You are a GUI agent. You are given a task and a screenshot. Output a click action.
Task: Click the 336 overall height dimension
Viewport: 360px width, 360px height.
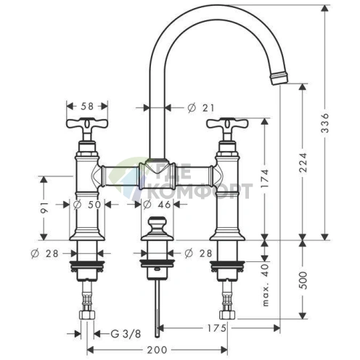[x=326, y=123]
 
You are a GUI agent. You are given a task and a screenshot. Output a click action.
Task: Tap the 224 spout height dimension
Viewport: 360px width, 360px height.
[x=303, y=163]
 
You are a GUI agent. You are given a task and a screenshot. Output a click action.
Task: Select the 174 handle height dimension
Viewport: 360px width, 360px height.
[x=265, y=179]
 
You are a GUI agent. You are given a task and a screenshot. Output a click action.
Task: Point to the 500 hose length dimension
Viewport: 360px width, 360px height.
[x=303, y=280]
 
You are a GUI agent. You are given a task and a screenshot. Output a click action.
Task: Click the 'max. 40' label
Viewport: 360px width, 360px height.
[x=266, y=285]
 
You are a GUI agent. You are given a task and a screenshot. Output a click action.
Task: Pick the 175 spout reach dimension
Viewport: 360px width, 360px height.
[x=216, y=328]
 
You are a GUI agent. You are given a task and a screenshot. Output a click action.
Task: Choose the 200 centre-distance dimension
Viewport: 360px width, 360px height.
[x=157, y=350]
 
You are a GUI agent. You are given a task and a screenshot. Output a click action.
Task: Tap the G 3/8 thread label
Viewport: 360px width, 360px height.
[x=126, y=334]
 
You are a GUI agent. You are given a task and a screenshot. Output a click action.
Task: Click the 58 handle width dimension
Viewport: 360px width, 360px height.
[x=87, y=106]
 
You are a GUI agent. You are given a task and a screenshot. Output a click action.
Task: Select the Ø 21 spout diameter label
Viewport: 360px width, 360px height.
[x=201, y=108]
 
